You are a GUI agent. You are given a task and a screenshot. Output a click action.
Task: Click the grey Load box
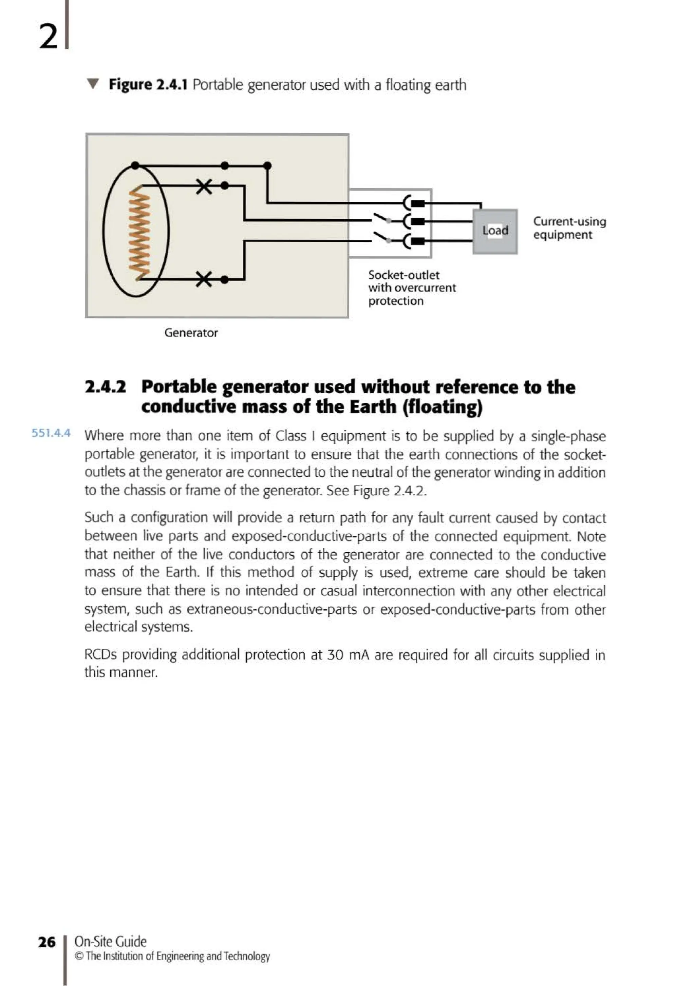pos(495,232)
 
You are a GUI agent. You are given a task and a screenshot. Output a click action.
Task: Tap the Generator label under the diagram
pos(191,333)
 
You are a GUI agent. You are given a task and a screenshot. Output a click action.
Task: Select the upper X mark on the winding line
pos(204,186)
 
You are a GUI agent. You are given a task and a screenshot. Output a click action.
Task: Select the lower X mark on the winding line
pos(204,279)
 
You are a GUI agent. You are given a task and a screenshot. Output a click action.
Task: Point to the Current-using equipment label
pos(569,228)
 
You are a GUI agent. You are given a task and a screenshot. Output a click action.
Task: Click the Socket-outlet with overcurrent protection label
pos(411,288)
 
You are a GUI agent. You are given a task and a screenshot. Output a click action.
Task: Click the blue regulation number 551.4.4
pos(51,433)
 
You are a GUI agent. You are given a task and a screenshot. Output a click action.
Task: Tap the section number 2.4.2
pos(105,387)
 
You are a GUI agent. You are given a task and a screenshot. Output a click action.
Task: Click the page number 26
pos(47,942)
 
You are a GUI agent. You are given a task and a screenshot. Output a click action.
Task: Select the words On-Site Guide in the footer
pos(111,941)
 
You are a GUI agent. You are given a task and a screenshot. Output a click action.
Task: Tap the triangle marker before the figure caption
pos(93,83)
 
